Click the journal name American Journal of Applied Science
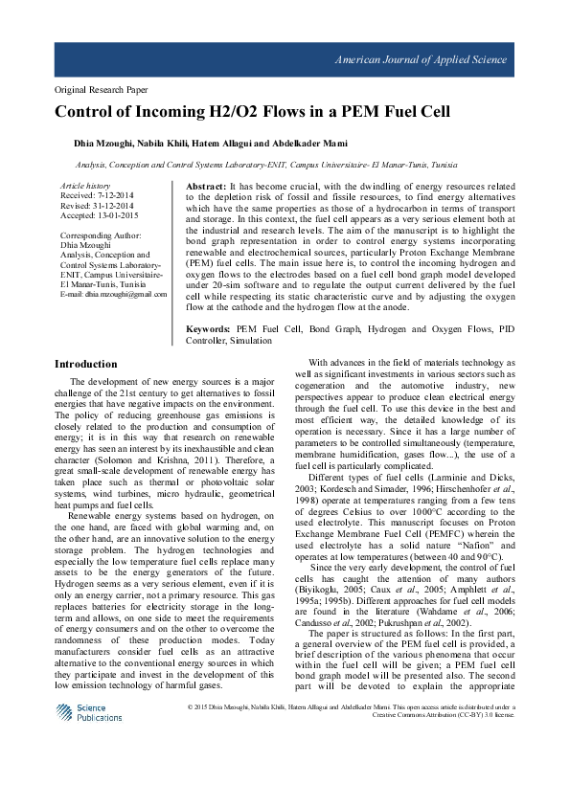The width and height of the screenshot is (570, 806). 420,59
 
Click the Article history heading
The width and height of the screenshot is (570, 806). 84,184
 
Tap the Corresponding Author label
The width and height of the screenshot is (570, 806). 102,235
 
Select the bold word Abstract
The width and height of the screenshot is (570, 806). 205,185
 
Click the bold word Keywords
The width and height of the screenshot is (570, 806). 209,328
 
